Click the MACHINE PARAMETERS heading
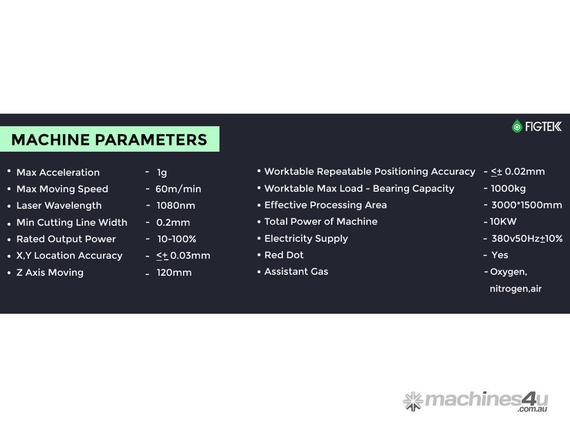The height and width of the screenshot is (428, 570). pyautogui.click(x=109, y=140)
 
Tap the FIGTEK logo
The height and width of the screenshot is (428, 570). pyautogui.click(x=537, y=127)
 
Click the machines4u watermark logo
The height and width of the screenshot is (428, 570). pyautogui.click(x=475, y=401)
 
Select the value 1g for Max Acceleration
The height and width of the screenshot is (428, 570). pyautogui.click(x=162, y=173)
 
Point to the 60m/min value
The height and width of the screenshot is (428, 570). pyautogui.click(x=178, y=189)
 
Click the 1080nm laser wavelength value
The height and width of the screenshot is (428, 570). pyautogui.click(x=175, y=206)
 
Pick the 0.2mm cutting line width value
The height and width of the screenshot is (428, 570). pyautogui.click(x=173, y=222)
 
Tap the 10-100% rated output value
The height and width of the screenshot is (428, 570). pyautogui.click(x=176, y=239)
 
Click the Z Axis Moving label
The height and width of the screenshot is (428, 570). pyautogui.click(x=50, y=273)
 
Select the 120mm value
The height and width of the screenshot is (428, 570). pyautogui.click(x=174, y=273)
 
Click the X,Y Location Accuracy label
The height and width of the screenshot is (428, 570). pyautogui.click(x=70, y=256)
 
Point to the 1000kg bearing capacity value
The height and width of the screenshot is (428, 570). pyautogui.click(x=508, y=188)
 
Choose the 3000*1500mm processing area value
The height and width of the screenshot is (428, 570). pyautogui.click(x=527, y=205)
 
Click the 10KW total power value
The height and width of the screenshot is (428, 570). pyautogui.click(x=503, y=222)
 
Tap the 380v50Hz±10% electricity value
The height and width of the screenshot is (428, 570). pyautogui.click(x=527, y=239)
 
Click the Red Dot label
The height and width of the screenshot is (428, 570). pyautogui.click(x=284, y=255)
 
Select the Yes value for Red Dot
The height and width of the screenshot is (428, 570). pyautogui.click(x=500, y=255)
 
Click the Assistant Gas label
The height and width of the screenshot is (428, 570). pyautogui.click(x=296, y=271)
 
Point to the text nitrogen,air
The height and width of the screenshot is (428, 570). pyautogui.click(x=516, y=289)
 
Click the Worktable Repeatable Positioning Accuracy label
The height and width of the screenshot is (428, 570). pyautogui.click(x=370, y=172)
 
